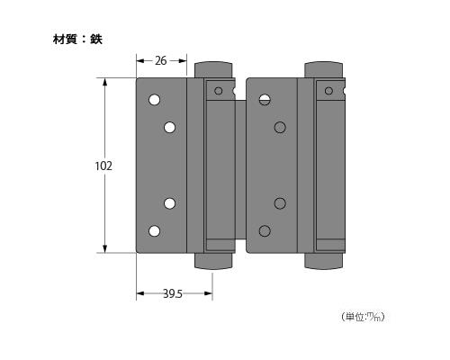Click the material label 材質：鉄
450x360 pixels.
(x=77, y=40)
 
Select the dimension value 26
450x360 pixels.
(x=160, y=61)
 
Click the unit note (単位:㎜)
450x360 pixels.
(x=364, y=316)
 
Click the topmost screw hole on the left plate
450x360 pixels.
(x=154, y=99)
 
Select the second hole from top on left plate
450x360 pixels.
(x=169, y=128)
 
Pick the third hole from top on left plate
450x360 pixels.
(x=169, y=202)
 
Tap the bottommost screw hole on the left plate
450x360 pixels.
(x=154, y=231)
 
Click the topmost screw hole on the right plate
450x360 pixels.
(x=265, y=99)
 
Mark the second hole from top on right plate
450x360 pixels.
(x=280, y=128)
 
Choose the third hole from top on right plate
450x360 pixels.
(x=280, y=202)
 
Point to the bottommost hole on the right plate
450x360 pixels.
(x=265, y=231)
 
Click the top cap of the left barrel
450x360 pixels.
(x=213, y=69)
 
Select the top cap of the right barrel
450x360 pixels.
(x=324, y=69)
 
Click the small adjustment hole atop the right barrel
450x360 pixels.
(x=328, y=90)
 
